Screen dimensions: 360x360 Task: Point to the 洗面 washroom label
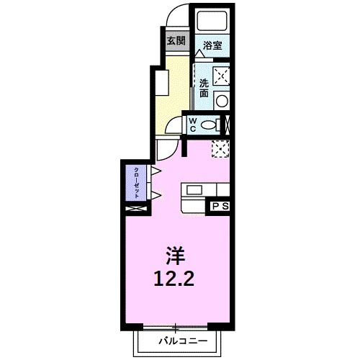[204, 87]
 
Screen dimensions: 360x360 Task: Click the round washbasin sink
[222, 100]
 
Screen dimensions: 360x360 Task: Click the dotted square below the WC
[220, 148]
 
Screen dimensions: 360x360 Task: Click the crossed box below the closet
[135, 209]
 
